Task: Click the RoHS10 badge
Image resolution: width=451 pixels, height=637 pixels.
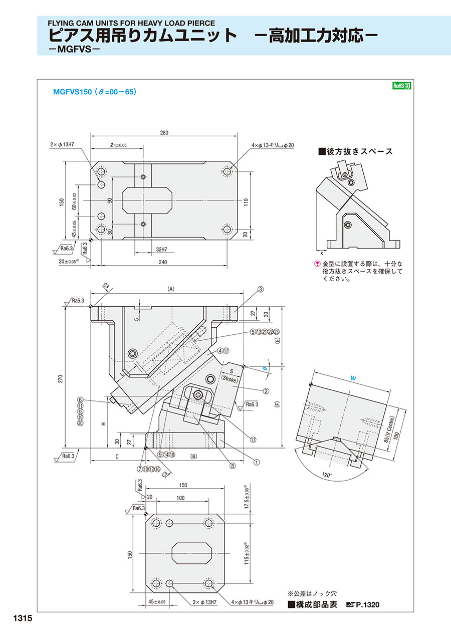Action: (401, 86)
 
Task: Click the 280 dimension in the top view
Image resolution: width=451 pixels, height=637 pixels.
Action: (164, 133)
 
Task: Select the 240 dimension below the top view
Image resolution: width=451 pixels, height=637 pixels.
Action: (162, 262)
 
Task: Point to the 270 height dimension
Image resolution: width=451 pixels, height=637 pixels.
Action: (61, 379)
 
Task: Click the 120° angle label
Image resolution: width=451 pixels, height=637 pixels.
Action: (328, 474)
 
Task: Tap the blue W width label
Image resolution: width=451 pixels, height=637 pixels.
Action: (353, 379)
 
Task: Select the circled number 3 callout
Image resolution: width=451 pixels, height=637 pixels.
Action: (261, 289)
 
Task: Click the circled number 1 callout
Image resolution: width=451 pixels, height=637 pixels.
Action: (256, 462)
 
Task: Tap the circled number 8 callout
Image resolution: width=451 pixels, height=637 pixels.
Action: (233, 466)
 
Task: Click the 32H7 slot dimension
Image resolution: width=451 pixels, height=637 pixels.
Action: (162, 249)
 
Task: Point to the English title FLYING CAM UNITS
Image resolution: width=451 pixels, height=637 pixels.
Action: (131, 23)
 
